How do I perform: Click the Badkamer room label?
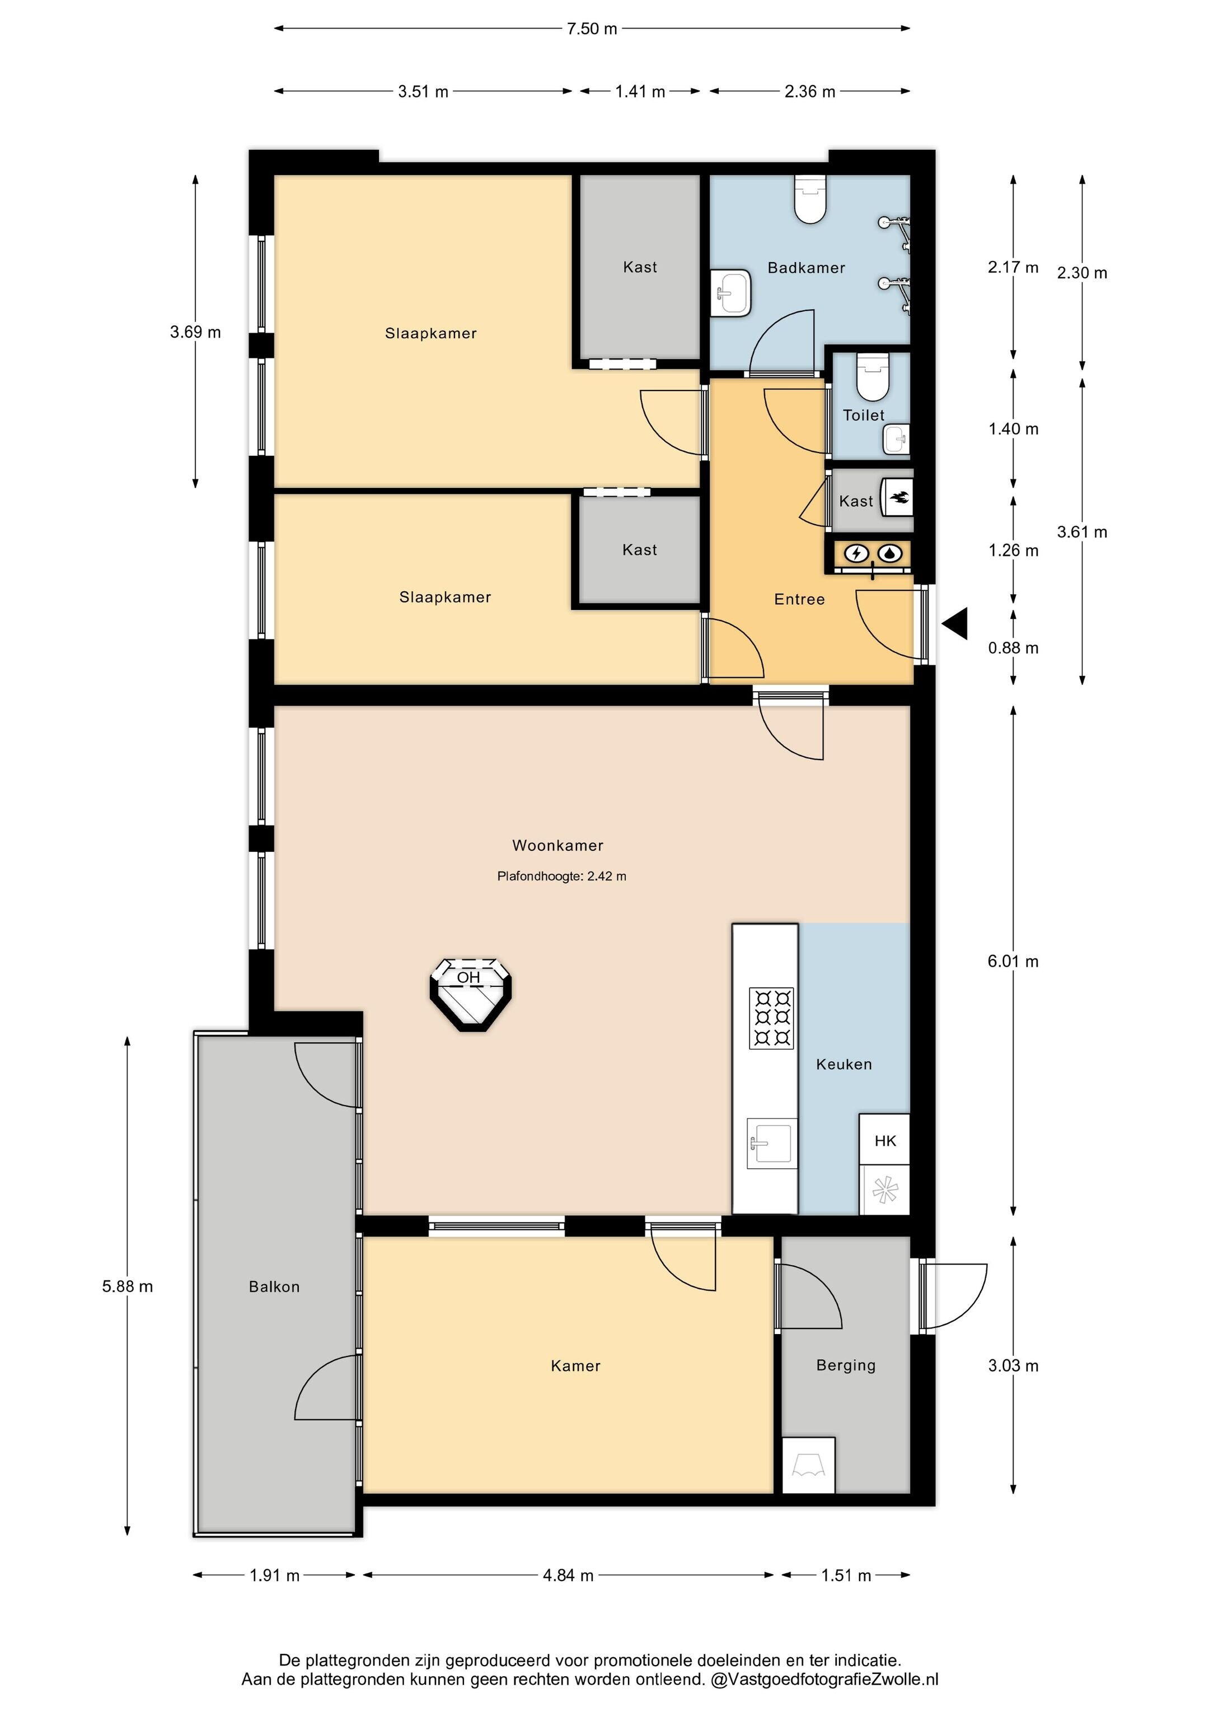point(806,268)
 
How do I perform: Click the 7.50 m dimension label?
point(592,29)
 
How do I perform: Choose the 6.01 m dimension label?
point(1013,961)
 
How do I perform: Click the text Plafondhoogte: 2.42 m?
point(561,877)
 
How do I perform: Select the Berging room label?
point(846,1365)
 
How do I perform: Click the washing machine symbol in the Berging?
point(808,1465)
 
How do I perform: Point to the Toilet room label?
point(863,415)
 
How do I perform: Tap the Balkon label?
point(274,1286)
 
